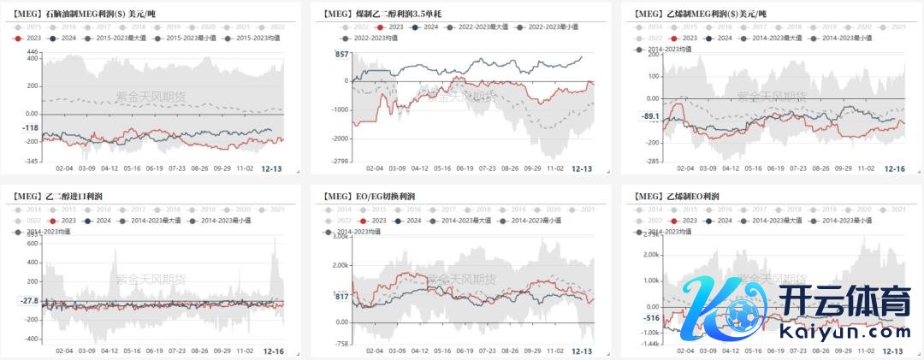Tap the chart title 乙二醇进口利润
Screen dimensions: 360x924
tap(68, 198)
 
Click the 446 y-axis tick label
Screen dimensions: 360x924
tap(33, 54)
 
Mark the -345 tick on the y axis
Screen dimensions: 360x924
tap(31, 162)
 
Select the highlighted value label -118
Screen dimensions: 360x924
tap(30, 128)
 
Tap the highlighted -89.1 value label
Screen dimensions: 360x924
tap(650, 117)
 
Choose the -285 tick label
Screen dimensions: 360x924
tap(651, 161)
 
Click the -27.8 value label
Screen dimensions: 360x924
tap(29, 301)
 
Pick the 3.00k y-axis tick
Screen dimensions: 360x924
tap(339, 237)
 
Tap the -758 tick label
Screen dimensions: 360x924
tap(341, 344)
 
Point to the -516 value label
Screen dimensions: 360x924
tap(652, 317)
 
